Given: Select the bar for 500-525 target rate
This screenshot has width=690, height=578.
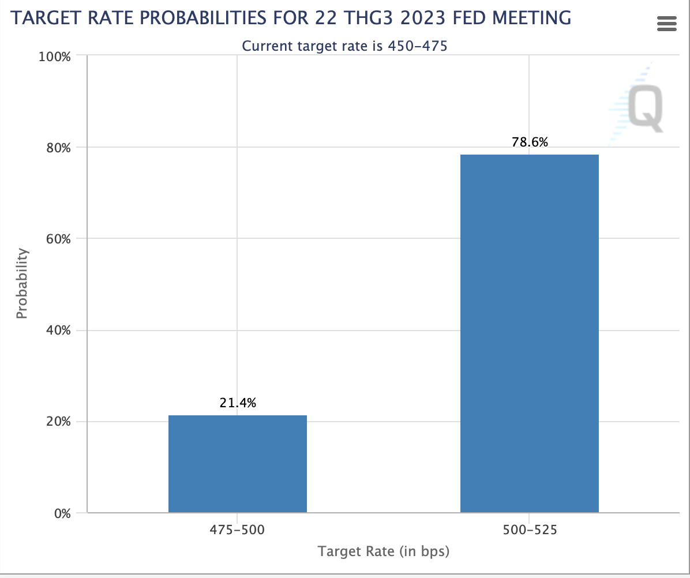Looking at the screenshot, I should [529, 333].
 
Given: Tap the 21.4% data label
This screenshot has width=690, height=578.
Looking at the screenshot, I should [238, 403].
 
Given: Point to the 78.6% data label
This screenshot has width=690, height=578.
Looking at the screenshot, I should [530, 142].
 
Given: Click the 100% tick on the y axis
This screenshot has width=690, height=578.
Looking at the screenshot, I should [54, 57].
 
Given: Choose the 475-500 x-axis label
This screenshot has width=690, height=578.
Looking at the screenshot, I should [237, 530].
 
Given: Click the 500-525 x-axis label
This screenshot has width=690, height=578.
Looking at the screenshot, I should [529, 530].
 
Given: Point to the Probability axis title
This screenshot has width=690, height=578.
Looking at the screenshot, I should [22, 283].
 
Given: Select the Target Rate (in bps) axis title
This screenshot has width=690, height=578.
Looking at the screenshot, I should [383, 551].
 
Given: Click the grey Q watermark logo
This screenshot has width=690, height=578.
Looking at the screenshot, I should [645, 108].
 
